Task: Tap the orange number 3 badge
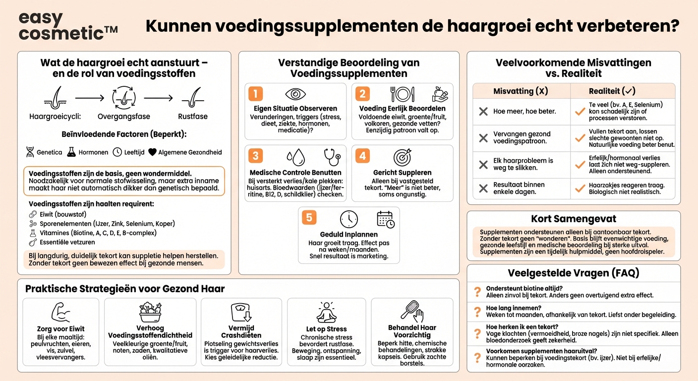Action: [255, 156]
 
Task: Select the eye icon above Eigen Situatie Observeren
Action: [295, 94]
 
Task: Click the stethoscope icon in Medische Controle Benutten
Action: [332, 157]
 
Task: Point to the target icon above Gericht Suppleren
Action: [402, 157]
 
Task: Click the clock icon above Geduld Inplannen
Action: [349, 219]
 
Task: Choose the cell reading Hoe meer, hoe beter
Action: [524, 112]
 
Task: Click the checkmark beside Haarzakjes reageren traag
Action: [580, 189]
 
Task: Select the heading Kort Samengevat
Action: [574, 219]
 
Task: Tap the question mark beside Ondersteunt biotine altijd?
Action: [477, 292]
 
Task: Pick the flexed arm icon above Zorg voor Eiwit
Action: [60, 313]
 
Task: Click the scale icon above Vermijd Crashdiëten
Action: [241, 313]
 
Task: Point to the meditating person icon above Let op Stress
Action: [326, 313]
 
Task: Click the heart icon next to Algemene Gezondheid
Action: [152, 152]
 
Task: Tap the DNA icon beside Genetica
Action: [30, 152]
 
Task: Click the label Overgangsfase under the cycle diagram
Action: [123, 117]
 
